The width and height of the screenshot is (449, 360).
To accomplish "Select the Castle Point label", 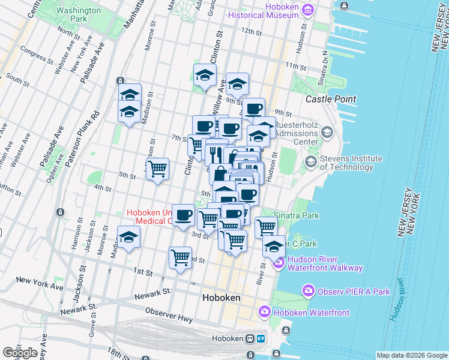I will click(x=331, y=99).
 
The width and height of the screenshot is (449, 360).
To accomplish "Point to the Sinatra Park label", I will click(x=296, y=215).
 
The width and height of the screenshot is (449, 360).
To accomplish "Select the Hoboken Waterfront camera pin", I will click(x=265, y=312).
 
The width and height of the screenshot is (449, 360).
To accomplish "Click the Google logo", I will click(x=20, y=352).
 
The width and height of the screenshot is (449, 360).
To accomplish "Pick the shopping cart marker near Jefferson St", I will click(x=157, y=169).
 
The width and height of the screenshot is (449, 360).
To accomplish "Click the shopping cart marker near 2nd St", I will click(x=181, y=258).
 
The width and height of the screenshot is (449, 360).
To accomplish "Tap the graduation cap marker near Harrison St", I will click(x=128, y=238).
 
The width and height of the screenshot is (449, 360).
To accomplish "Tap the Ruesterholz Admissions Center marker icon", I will click(x=327, y=131).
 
